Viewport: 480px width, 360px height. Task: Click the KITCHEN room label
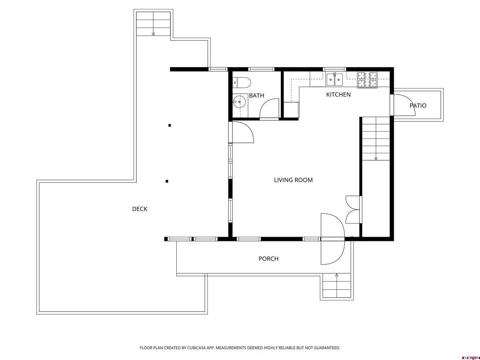338,95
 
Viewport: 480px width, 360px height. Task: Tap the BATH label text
256,96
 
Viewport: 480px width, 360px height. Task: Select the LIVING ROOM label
293,180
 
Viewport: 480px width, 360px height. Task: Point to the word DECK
139,209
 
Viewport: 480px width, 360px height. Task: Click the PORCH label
268,259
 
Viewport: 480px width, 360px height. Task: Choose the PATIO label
418,106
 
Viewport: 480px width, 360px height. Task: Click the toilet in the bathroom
242,82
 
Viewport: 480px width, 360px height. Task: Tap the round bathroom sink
240,102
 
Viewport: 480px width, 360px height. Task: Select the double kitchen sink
335,80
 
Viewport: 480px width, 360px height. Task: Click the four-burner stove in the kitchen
368,80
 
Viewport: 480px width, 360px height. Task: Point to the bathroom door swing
269,109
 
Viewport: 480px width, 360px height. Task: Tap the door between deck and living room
242,132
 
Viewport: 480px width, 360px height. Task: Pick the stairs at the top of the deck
153,24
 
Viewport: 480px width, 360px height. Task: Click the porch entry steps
337,286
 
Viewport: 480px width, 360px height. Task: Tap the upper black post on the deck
170,125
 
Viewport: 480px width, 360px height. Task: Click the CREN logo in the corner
470,356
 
